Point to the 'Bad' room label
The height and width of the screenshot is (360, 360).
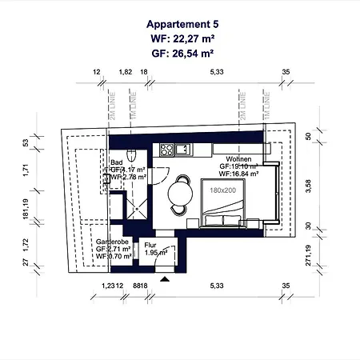point(117,162)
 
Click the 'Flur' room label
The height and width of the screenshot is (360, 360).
point(150,246)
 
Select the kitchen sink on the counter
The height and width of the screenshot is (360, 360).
point(184,148)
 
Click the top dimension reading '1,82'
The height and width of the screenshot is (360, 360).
point(126,72)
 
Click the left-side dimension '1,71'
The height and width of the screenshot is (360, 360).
point(26,170)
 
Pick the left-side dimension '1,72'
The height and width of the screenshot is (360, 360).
point(26,241)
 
